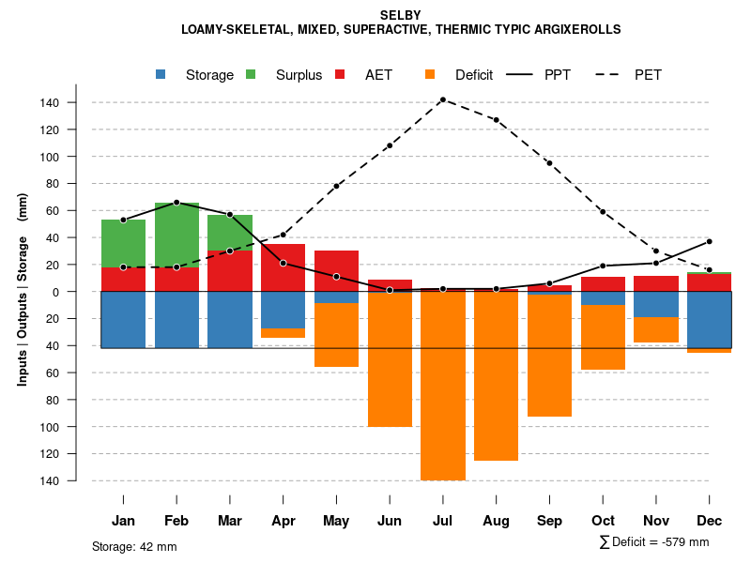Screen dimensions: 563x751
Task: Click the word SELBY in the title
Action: [401, 15]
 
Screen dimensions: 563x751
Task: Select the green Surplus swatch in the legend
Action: [252, 74]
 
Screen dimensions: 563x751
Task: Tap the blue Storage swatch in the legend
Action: [161, 74]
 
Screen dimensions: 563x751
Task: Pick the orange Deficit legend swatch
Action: [430, 74]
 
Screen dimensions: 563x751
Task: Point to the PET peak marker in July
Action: [442, 99]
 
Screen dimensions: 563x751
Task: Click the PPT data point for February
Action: [176, 203]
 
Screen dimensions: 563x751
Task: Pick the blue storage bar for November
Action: [656, 304]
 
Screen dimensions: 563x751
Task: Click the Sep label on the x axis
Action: [550, 521]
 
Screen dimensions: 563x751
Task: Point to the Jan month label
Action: [123, 521]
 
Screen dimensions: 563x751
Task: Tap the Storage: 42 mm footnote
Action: [134, 546]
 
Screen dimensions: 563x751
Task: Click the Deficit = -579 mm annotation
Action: [654, 541]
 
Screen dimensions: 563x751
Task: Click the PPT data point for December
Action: [710, 241]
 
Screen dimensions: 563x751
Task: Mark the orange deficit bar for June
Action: [390, 361]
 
